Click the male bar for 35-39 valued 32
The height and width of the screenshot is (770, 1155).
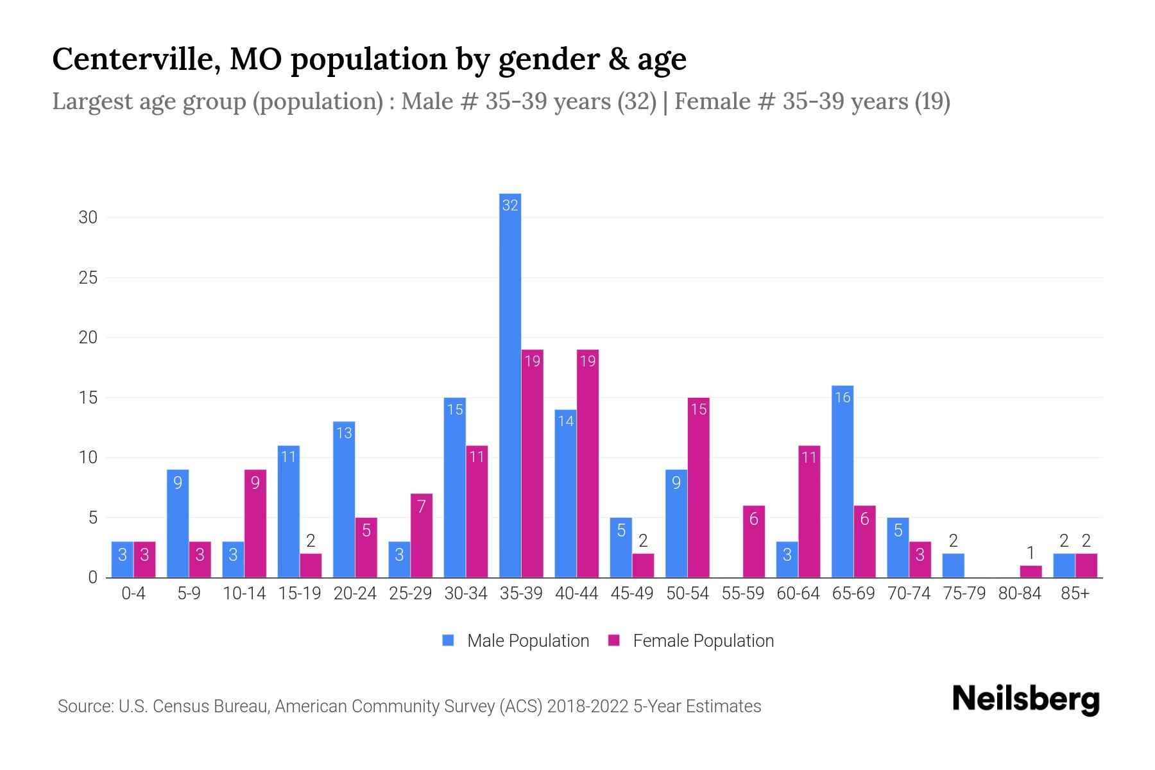pos(510,385)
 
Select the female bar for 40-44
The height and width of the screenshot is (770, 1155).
pos(588,463)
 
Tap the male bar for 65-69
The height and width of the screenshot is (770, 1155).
pos(843,481)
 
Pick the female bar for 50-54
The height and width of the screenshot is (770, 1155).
pos(699,488)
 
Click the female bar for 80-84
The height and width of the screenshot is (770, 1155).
pos(1031,571)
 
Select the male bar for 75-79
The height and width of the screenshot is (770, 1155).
pos(953,565)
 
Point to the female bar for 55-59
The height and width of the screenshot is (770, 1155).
pos(754,542)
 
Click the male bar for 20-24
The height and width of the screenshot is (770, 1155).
pos(344,499)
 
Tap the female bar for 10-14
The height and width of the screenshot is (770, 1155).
pos(255,524)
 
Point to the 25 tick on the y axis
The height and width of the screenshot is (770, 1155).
pos(88,278)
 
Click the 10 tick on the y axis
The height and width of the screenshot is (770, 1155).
pos(88,458)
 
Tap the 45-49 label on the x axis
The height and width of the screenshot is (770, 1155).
pos(632,594)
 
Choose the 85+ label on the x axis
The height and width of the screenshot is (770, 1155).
pos(1075,594)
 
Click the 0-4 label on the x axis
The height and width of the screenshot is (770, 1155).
pos(133,594)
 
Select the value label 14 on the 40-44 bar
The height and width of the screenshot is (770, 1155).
pos(565,422)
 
